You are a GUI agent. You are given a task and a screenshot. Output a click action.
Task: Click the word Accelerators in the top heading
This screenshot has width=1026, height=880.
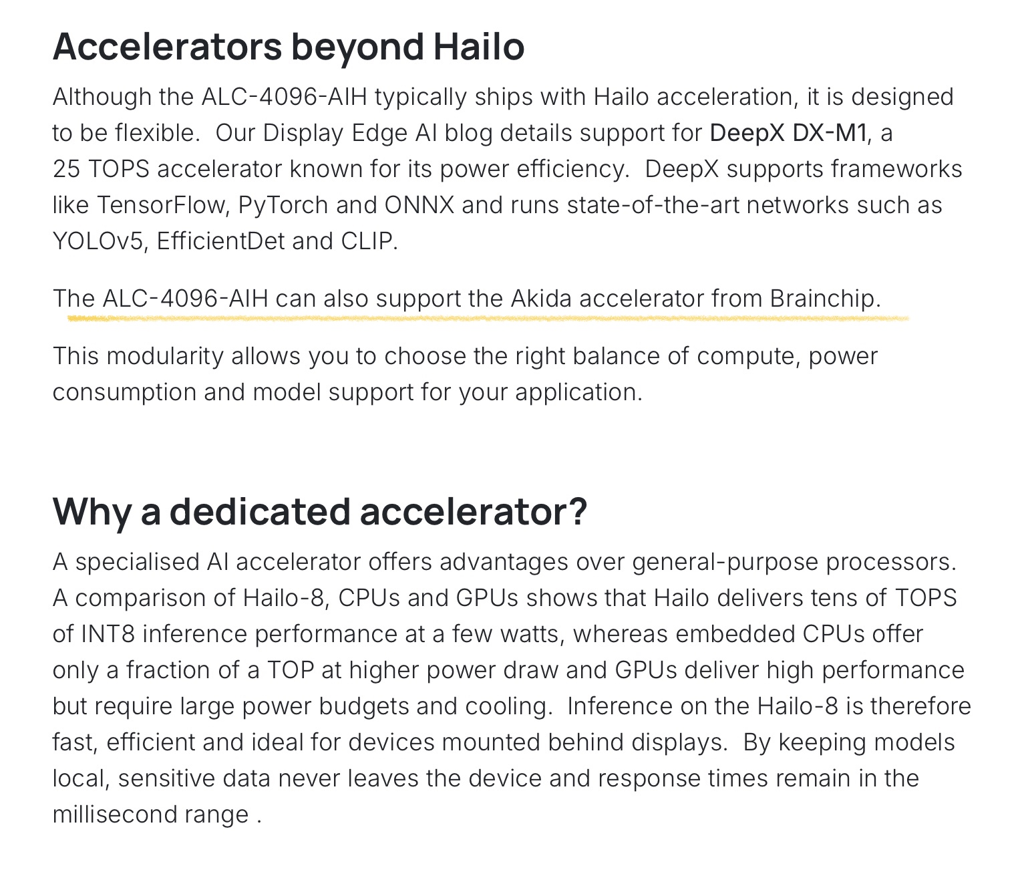click(x=167, y=47)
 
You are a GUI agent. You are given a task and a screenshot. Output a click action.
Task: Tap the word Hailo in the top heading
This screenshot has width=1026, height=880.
click(x=479, y=47)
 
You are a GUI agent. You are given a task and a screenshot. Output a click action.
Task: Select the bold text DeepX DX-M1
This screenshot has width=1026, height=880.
click(x=788, y=132)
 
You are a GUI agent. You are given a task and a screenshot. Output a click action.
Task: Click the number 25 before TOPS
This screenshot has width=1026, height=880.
click(x=66, y=169)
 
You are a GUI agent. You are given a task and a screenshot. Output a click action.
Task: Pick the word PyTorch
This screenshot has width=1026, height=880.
click(x=283, y=206)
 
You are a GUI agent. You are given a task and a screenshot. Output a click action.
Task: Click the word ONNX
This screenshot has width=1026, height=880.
click(x=419, y=205)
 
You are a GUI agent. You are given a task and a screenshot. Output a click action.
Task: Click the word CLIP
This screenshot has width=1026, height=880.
click(x=369, y=241)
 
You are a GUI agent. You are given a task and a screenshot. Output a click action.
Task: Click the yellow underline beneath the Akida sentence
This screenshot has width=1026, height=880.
click(x=488, y=318)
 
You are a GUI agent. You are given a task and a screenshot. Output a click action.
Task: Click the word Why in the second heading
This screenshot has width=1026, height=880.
click(x=92, y=512)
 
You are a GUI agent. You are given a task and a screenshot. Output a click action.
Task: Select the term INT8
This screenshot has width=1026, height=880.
click(x=108, y=633)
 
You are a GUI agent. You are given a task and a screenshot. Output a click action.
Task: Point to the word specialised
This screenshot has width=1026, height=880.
click(x=138, y=562)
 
